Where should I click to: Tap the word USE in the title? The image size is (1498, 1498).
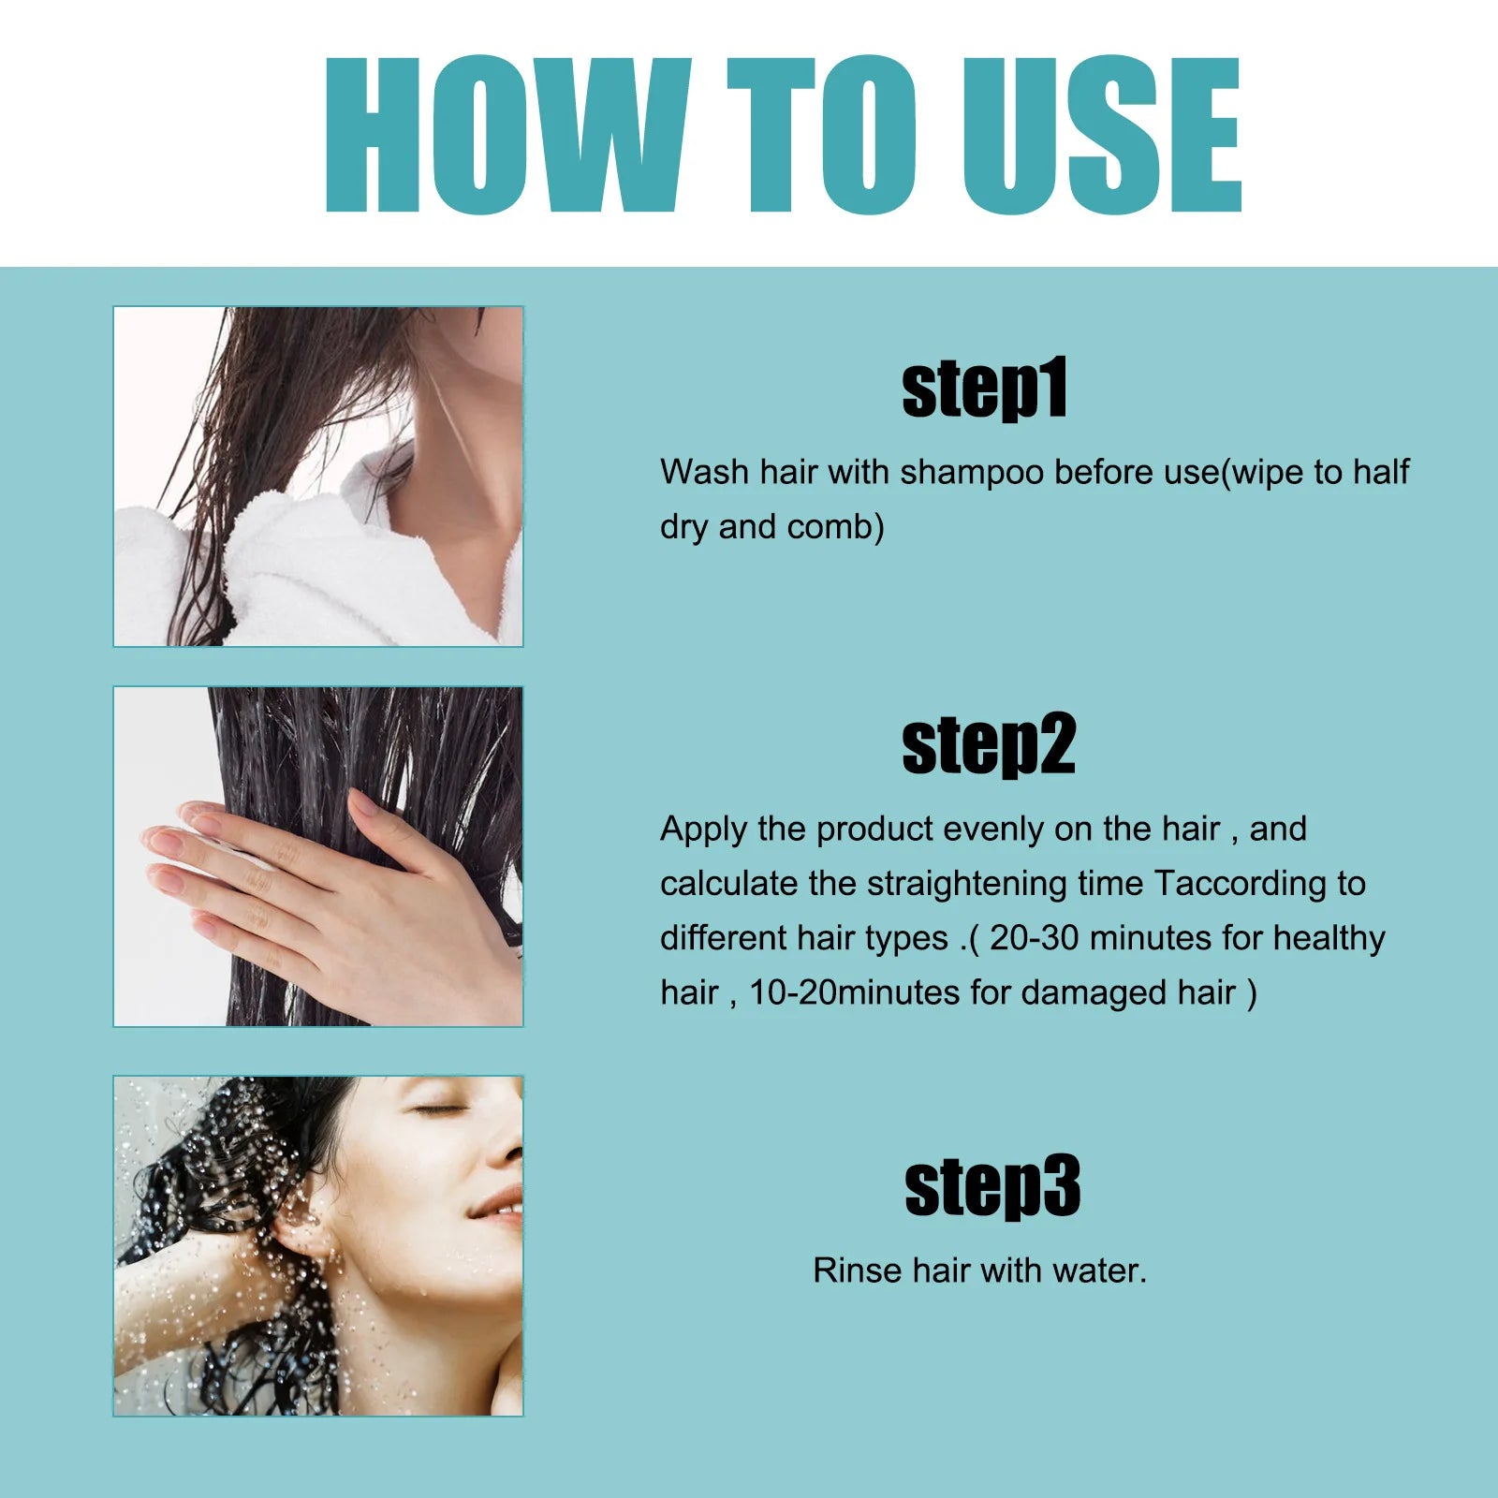[1101, 136]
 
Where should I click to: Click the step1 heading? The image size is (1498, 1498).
[984, 389]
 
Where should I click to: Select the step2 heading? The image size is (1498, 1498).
[988, 745]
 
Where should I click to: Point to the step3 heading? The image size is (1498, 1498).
[992, 1187]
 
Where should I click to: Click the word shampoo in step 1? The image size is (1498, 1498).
[971, 473]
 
